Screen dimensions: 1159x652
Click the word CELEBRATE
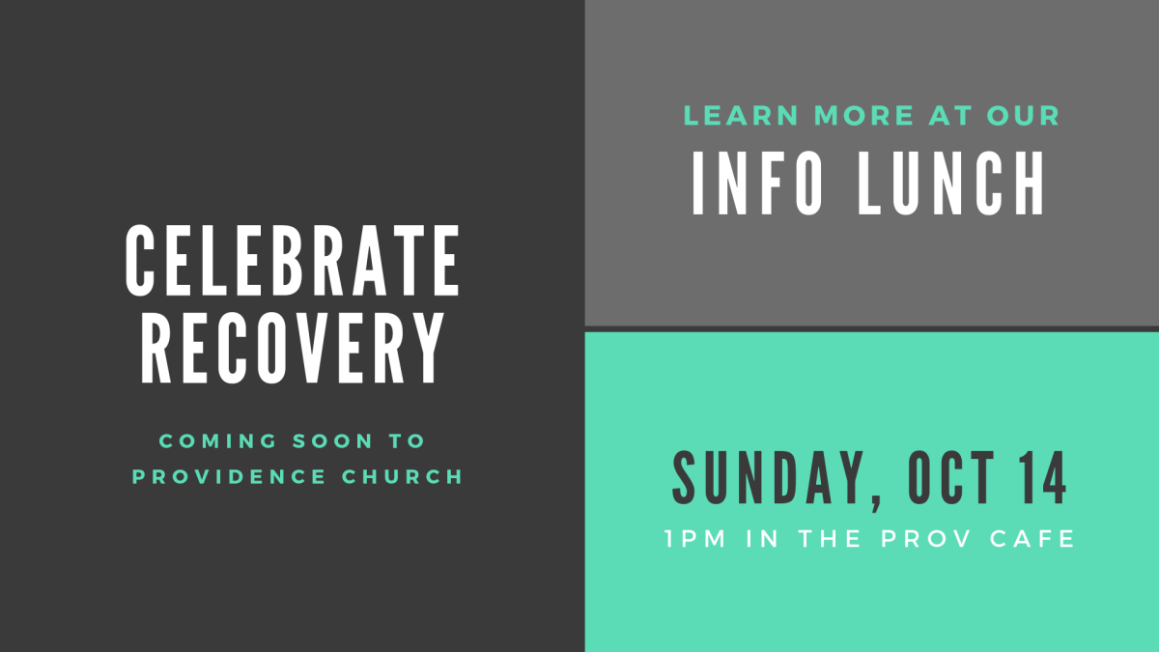click(x=293, y=260)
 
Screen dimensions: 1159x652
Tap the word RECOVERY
click(x=293, y=349)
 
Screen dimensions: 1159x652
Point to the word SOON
click(x=332, y=440)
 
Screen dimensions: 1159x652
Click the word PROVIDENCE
click(x=229, y=476)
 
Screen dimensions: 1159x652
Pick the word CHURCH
click(x=402, y=476)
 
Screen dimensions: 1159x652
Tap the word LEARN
click(x=741, y=115)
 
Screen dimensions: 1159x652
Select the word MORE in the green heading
click(x=864, y=115)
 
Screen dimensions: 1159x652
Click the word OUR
click(x=1024, y=115)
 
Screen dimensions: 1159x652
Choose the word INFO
click(x=757, y=184)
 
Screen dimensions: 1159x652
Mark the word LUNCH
click(x=951, y=184)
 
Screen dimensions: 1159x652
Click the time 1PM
click(x=696, y=539)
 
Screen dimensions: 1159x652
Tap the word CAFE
click(x=1032, y=539)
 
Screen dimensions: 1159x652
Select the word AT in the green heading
click(x=950, y=115)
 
